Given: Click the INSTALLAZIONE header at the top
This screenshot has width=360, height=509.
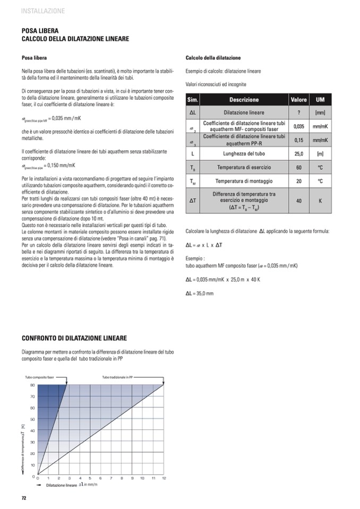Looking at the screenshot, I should pyautogui.click(x=43, y=11).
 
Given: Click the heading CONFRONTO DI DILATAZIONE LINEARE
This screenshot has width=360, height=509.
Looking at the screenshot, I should pyautogui.click(x=74, y=338).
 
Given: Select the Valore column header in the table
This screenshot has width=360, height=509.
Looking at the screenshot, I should pyautogui.click(x=299, y=100).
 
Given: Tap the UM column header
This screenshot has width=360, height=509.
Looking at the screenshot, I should pyautogui.click(x=320, y=100).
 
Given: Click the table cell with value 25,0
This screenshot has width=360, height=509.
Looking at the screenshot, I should pyautogui.click(x=299, y=154).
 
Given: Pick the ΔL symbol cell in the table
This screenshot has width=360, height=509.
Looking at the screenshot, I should pyautogui.click(x=193, y=113).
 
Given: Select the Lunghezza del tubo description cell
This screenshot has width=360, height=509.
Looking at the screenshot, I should pyautogui.click(x=244, y=154).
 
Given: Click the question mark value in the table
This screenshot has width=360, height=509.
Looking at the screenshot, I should pyautogui.click(x=299, y=113).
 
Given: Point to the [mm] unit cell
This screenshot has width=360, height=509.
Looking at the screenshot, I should pyautogui.click(x=320, y=113).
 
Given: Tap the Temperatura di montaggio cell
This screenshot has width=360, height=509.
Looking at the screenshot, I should pyautogui.click(x=244, y=182).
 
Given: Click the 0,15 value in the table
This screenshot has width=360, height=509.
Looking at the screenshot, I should pyautogui.click(x=299, y=140).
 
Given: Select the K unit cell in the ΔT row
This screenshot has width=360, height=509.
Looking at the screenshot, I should pyautogui.click(x=320, y=202).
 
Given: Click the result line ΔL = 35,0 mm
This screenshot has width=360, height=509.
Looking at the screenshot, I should pyautogui.click(x=200, y=293).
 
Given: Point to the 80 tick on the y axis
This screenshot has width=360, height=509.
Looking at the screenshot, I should pyautogui.click(x=32, y=385).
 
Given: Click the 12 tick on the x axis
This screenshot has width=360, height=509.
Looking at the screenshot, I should pyautogui.click(x=164, y=478).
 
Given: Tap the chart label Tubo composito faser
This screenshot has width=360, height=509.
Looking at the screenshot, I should pyautogui.click(x=40, y=377).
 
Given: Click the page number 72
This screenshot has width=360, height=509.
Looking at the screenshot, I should pyautogui.click(x=24, y=498).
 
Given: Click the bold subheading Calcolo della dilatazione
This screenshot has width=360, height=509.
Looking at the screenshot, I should pyautogui.click(x=213, y=58).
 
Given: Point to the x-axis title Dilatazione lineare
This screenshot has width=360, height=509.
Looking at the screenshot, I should pyautogui.click(x=62, y=485).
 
